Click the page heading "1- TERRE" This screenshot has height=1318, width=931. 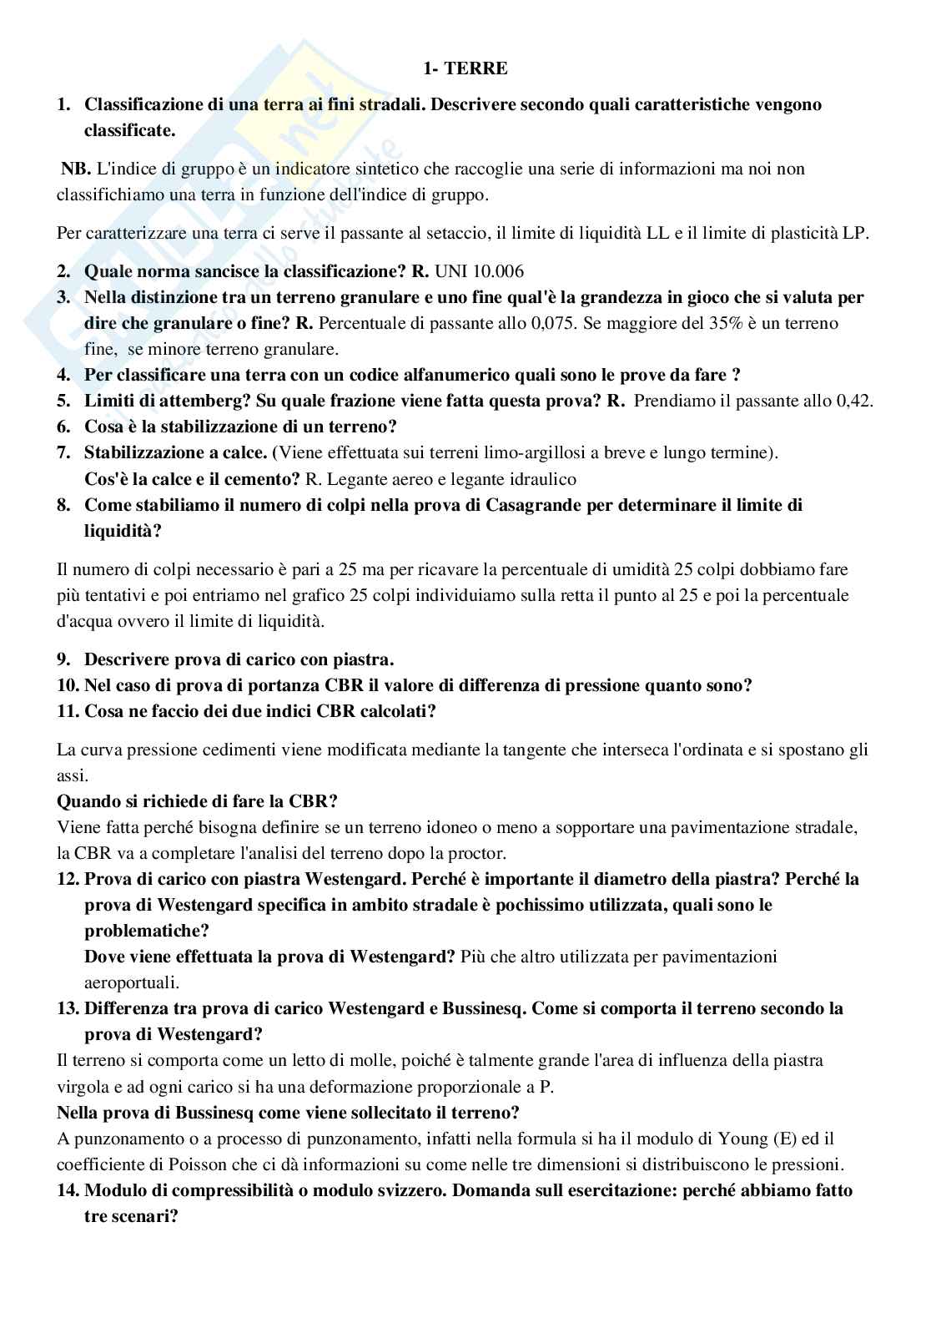coord(465,69)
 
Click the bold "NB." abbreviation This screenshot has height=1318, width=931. coord(74,169)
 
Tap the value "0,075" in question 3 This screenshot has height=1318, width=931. coord(552,323)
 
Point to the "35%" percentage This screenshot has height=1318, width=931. coord(719,323)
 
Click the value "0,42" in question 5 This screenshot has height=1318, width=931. coord(853,401)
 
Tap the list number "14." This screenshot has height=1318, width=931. coord(68,1190)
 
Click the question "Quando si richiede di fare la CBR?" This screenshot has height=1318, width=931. coord(197,801)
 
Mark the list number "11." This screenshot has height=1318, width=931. coord(68,711)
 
